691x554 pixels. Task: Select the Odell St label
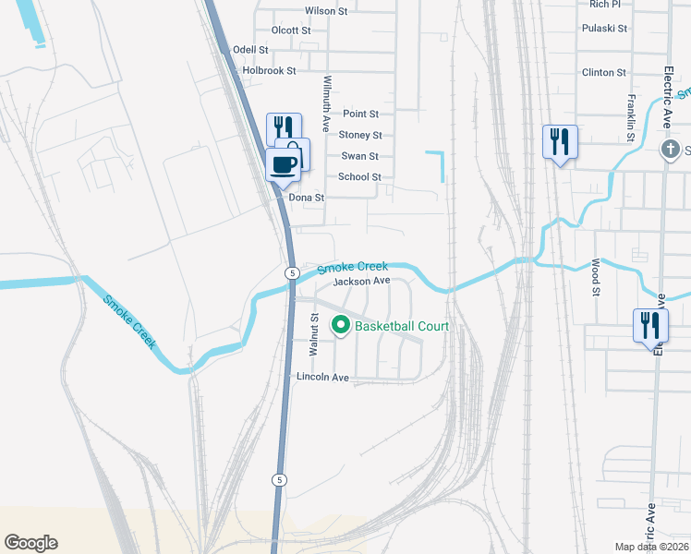pyautogui.click(x=250, y=50)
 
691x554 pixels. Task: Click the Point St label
pyautogui.click(x=361, y=114)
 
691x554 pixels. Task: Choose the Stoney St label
pyautogui.click(x=359, y=136)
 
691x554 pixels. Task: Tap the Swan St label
pyautogui.click(x=360, y=157)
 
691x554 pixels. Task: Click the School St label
pyautogui.click(x=359, y=177)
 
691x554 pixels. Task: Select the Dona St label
pyautogui.click(x=307, y=198)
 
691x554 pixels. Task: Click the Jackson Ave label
pyautogui.click(x=362, y=282)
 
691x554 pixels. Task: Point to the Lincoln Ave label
pyautogui.click(x=322, y=378)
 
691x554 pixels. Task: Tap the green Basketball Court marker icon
pyautogui.click(x=340, y=325)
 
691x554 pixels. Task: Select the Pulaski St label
pyautogui.click(x=604, y=29)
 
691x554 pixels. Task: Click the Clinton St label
pyautogui.click(x=604, y=72)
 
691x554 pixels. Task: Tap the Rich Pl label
pyautogui.click(x=604, y=5)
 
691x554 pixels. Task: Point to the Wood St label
pyautogui.click(x=596, y=279)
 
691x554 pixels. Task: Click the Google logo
pyautogui.click(x=30, y=543)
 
